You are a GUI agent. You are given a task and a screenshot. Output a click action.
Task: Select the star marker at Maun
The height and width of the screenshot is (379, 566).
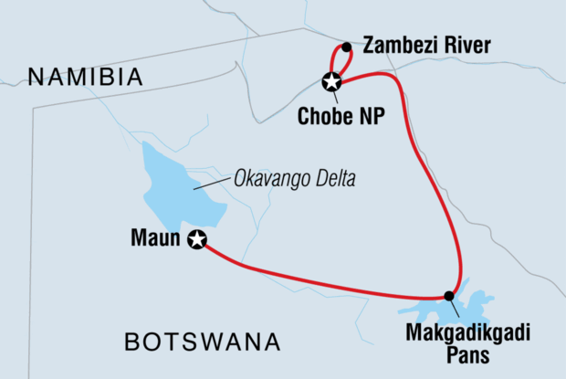[x=196, y=240]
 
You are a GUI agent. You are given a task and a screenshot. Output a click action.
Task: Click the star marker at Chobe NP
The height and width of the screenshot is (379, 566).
[x=331, y=82]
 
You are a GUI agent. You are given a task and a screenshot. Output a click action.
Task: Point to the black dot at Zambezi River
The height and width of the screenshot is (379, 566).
[x=346, y=47]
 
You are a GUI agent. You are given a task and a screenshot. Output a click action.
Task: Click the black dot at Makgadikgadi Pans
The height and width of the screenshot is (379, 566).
[x=448, y=295]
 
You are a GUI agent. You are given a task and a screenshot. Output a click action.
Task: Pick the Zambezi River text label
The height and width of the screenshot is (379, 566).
[x=427, y=45]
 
